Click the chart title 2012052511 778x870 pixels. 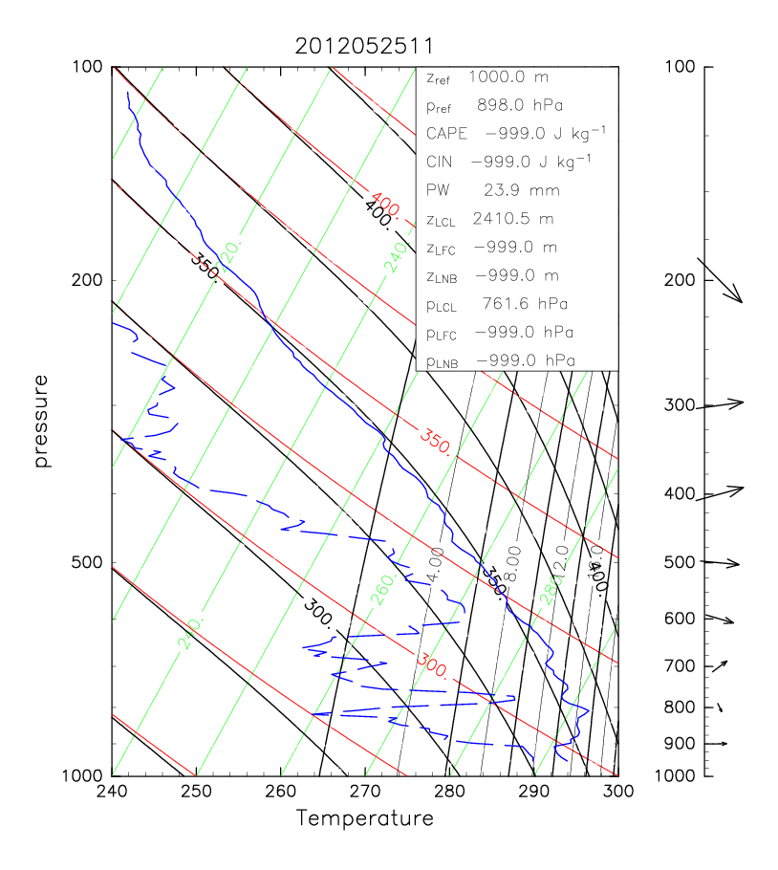[364, 46]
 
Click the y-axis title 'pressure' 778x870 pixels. [41, 421]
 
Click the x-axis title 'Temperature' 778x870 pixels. [364, 818]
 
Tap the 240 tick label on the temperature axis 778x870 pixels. [112, 792]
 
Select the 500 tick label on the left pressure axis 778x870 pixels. [88, 562]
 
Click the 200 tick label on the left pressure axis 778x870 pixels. [88, 280]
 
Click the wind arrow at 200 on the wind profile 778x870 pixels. [721, 281]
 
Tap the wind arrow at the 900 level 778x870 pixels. [718, 743]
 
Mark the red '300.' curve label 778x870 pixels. [432, 665]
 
